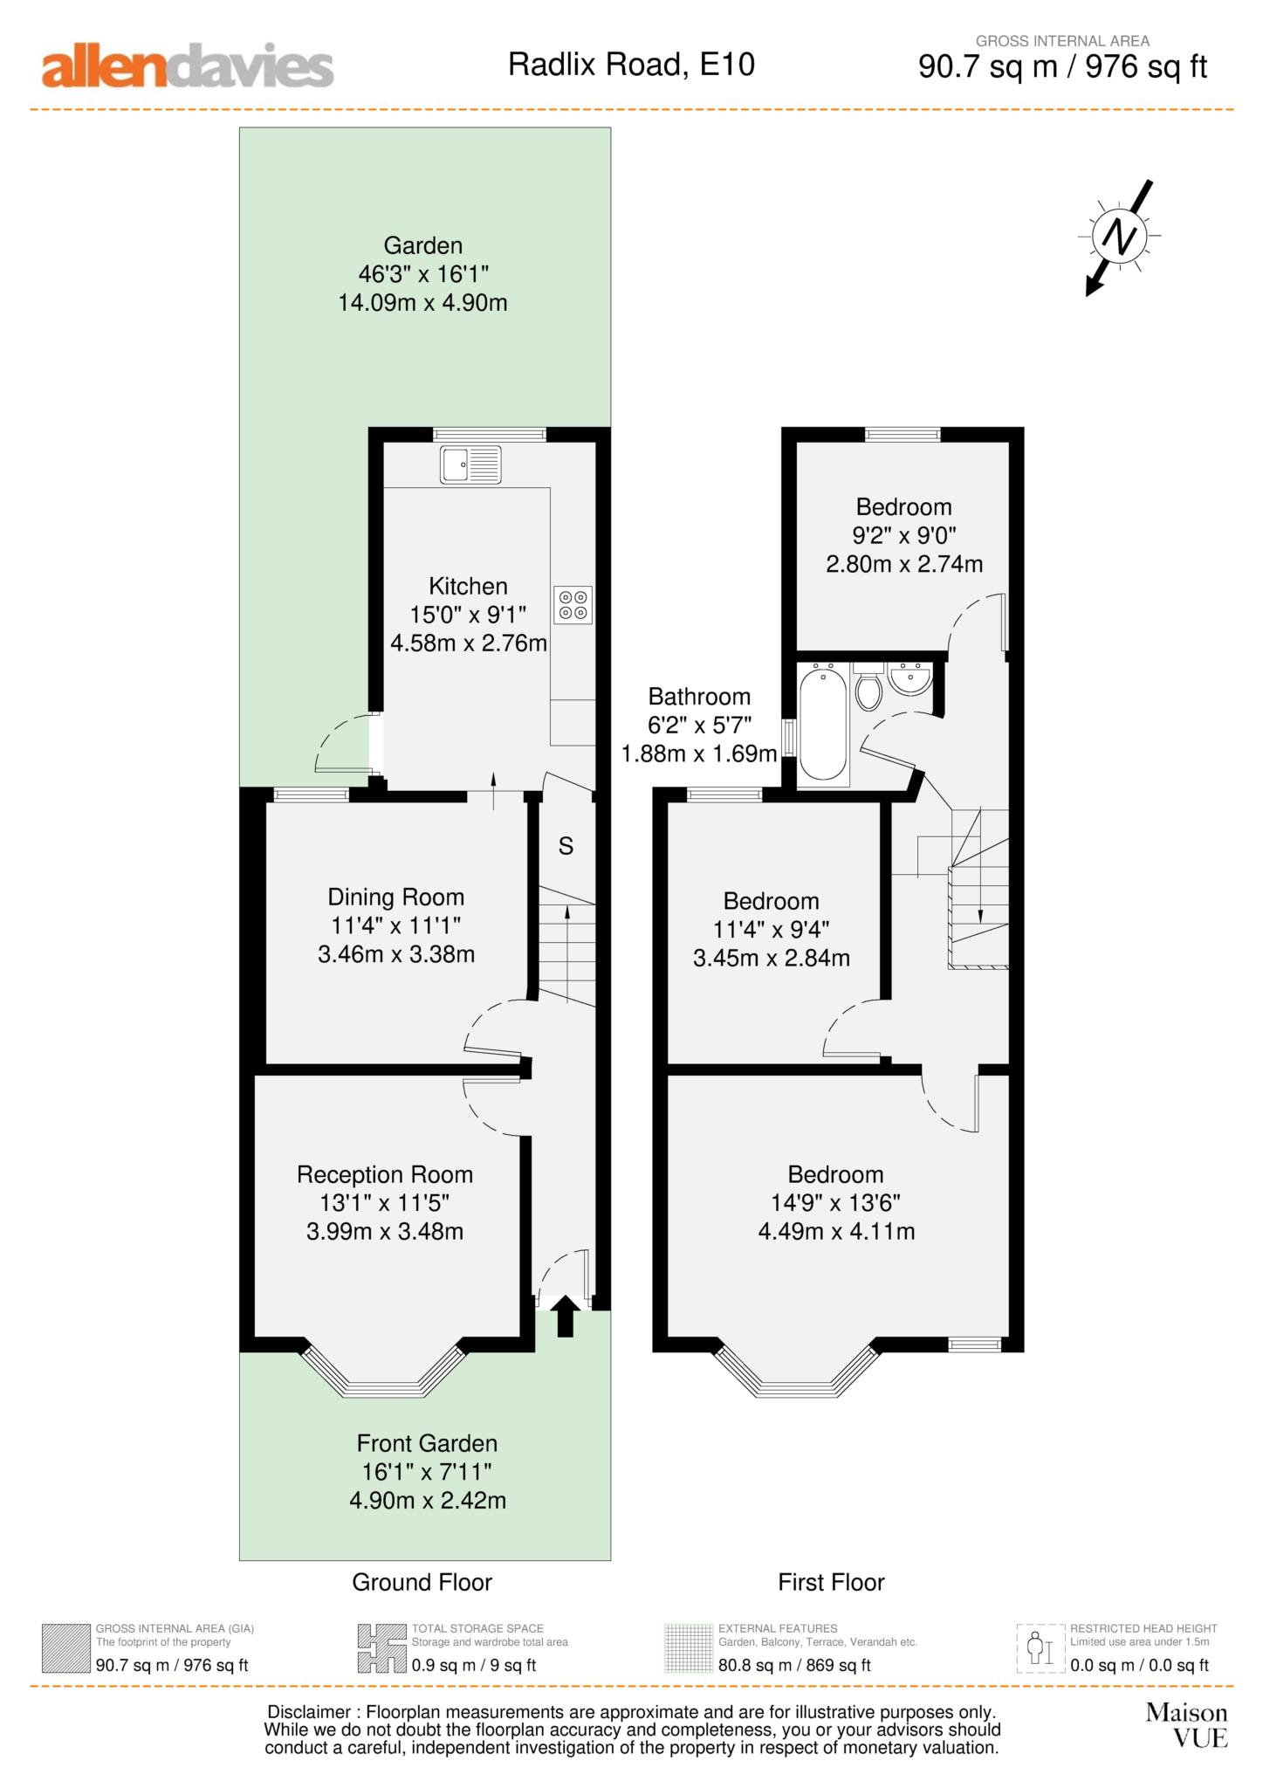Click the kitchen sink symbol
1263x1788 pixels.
[470, 464]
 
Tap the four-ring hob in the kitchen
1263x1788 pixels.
[573, 605]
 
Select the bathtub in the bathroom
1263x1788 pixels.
[823, 723]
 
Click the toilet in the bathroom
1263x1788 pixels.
[868, 688]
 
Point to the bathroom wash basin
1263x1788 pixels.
[909, 679]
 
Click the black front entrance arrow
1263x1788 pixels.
[565, 1316]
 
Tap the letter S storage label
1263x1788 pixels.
[566, 846]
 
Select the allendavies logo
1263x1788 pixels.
[188, 67]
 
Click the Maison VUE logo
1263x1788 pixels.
[1186, 1724]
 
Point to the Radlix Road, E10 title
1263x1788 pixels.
[631, 65]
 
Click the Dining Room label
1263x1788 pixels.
[395, 897]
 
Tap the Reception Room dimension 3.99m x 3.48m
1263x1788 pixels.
[384, 1231]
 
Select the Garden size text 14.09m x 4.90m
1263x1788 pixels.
[422, 303]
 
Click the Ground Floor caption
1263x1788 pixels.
[422, 1582]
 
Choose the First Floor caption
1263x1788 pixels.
[831, 1582]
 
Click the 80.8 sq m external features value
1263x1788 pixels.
[793, 1665]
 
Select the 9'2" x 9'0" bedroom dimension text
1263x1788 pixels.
[903, 535]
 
